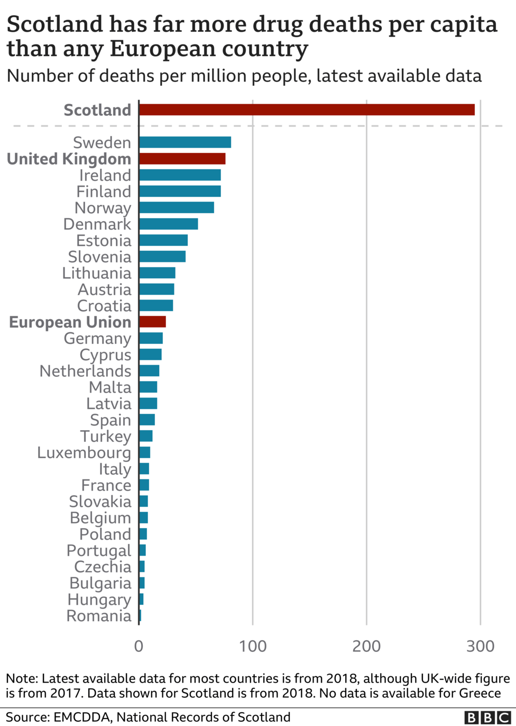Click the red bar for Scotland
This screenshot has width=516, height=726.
[x=307, y=110]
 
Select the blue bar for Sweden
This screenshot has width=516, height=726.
[x=185, y=142]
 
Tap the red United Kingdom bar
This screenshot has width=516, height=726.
[x=182, y=159]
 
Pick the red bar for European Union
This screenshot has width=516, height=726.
[x=152, y=322]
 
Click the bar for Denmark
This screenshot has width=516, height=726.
[x=168, y=224]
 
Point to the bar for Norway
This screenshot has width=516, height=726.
[x=177, y=207]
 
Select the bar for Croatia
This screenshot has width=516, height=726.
[x=156, y=305]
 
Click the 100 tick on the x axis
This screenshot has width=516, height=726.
[x=253, y=646]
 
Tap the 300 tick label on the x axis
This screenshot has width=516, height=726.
[x=480, y=646]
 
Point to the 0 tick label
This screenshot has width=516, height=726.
[x=139, y=646]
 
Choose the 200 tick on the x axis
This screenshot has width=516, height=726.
[x=366, y=646]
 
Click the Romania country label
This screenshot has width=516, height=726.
[x=99, y=615]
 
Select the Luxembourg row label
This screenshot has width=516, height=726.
[x=84, y=452]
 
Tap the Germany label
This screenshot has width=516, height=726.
[x=97, y=338]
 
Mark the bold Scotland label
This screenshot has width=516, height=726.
[x=97, y=110]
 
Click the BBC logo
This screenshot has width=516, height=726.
[x=486, y=717]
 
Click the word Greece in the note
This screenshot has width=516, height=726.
[x=480, y=693]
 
